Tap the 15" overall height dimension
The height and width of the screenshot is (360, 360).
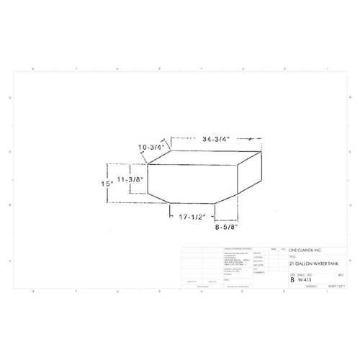point(107,184)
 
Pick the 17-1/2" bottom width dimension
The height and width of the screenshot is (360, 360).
point(188,217)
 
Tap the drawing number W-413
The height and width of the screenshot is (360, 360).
point(305,279)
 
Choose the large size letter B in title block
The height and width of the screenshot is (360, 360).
point(292,279)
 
